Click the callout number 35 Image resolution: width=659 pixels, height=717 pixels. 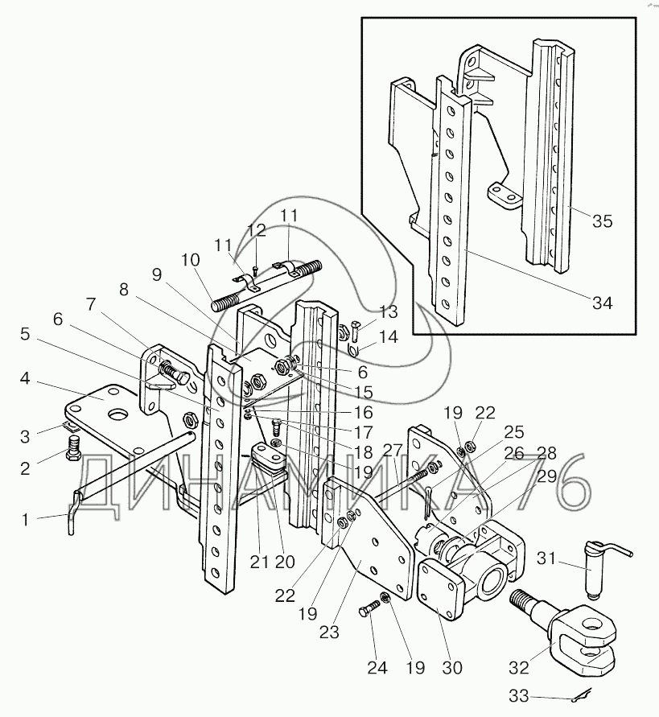click(x=603, y=221)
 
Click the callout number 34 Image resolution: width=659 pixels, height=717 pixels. click(x=602, y=303)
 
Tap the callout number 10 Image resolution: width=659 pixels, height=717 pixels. click(x=190, y=260)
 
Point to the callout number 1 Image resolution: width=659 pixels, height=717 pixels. click(x=26, y=520)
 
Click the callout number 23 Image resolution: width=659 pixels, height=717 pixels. click(x=329, y=632)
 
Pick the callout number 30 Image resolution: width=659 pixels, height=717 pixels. click(x=452, y=667)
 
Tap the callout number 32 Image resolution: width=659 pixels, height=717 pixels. click(x=519, y=667)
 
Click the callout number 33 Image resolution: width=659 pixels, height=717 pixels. click(x=519, y=696)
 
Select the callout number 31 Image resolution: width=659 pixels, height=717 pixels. click(x=546, y=558)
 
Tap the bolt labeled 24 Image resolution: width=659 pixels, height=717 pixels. click(x=370, y=609)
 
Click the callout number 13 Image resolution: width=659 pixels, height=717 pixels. click(x=389, y=312)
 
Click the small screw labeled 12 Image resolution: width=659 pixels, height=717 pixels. click(x=256, y=270)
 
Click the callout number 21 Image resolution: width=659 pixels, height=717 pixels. click(x=259, y=561)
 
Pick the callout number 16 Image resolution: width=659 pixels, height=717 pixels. click(x=364, y=412)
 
